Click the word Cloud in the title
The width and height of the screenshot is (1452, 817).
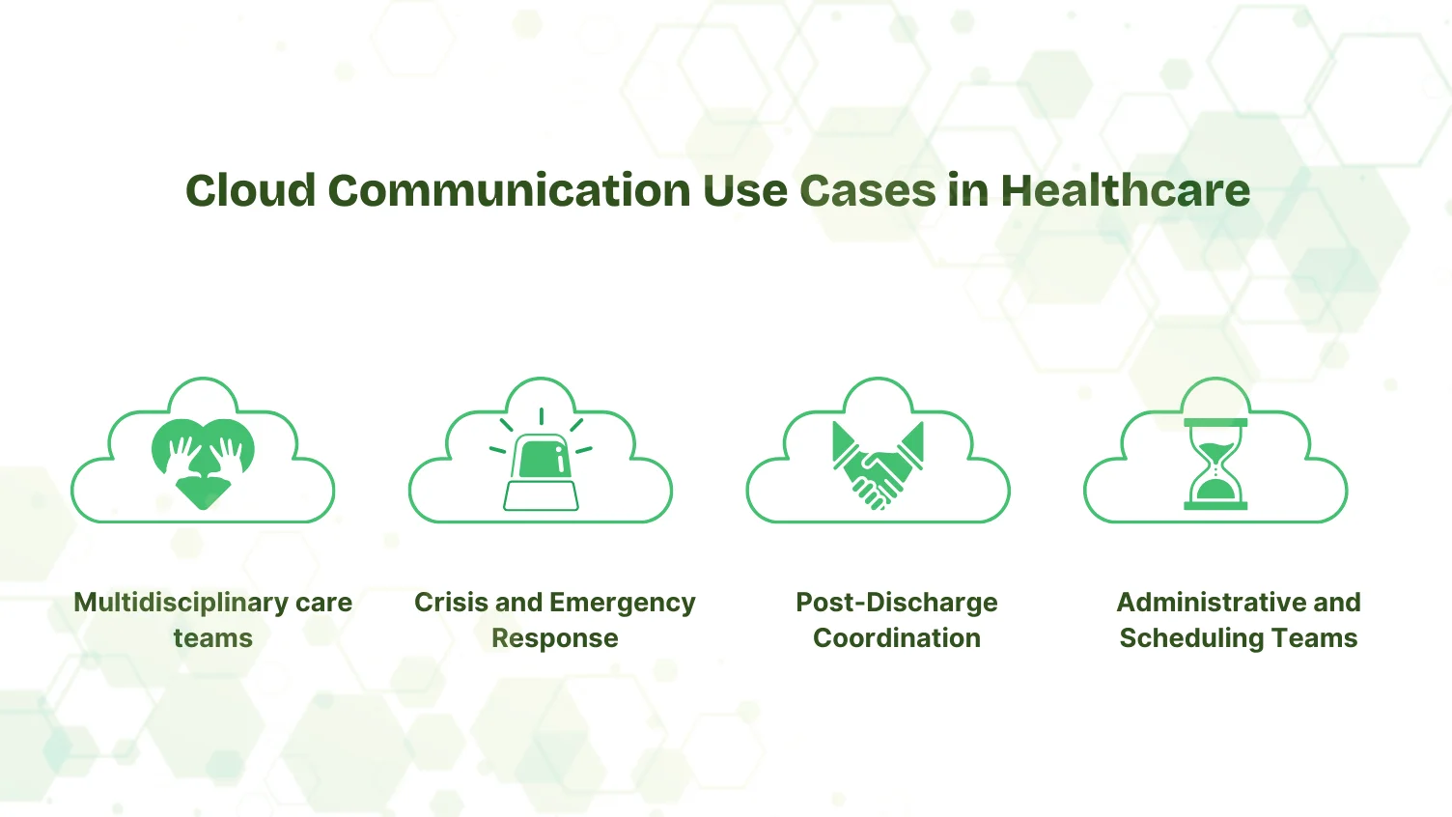coord(250,190)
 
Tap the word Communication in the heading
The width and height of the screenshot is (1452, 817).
coord(508,190)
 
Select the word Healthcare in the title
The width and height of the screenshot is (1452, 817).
coord(1125,190)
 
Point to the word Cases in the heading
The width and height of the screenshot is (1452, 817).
coord(867,190)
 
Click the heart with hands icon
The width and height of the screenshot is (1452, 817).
coord(203,463)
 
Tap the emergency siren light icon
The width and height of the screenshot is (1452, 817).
coord(541,458)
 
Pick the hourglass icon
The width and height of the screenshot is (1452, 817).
coord(1215,465)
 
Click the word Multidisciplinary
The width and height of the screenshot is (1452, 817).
coord(181,603)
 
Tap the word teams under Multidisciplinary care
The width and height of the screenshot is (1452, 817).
coord(212,638)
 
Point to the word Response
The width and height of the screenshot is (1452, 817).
coord(554,638)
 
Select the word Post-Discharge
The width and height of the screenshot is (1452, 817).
coord(896,603)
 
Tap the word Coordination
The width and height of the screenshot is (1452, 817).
coord(896,638)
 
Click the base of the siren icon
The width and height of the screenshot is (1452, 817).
coord(541,495)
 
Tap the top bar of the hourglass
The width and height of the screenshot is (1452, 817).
coord(1215,422)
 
